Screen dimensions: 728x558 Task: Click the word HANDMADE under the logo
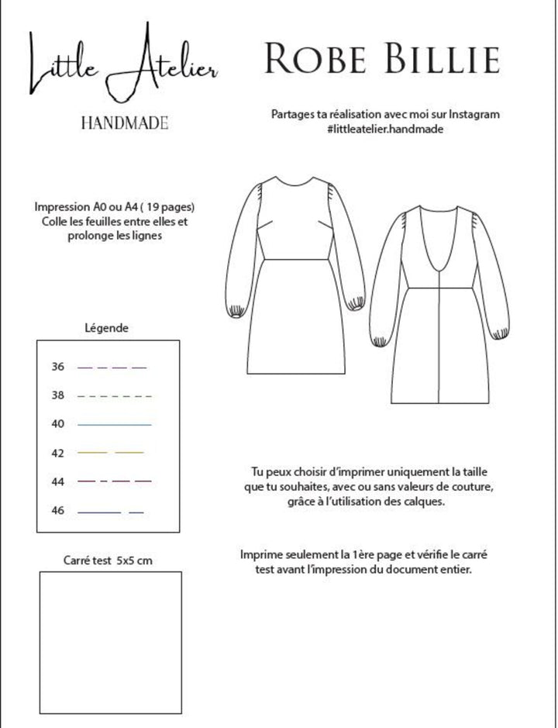pos(124,122)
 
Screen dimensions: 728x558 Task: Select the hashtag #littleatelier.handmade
pos(385,129)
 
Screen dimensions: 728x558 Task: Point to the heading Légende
pos(106,328)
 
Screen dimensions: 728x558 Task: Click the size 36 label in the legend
pos(58,366)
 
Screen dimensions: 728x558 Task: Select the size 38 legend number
pos(58,395)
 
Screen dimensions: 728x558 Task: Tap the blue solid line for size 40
pos(114,425)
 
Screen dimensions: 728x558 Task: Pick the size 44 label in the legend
pos(58,481)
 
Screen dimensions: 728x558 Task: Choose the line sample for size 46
pos(111,512)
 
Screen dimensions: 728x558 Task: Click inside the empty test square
pos(110,642)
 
